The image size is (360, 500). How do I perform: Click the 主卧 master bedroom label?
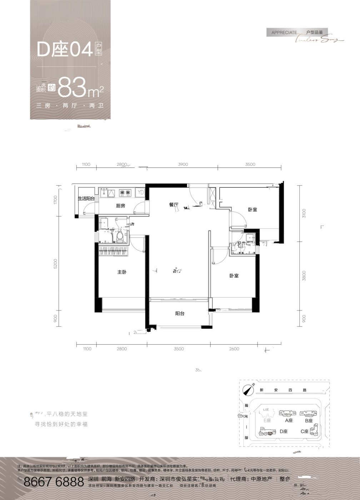tap(122, 272)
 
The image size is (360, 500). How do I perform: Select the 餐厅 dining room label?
tap(174, 205)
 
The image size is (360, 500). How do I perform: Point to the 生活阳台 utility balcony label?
tap(86, 199)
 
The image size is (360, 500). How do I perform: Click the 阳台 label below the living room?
tap(180, 314)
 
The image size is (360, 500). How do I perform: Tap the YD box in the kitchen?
tap(140, 192)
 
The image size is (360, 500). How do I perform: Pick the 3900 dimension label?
tap(183, 164)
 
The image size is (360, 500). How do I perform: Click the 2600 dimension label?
tap(234, 349)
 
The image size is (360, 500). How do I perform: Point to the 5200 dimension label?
tap(55, 264)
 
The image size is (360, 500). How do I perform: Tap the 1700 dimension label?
tap(55, 200)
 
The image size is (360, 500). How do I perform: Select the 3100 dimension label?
tap(304, 214)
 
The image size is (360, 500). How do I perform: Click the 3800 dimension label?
tap(304, 275)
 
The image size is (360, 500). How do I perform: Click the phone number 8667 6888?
tap(54, 482)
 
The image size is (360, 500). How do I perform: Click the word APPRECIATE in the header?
tap(284, 32)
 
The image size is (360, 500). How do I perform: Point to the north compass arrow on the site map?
tap(246, 390)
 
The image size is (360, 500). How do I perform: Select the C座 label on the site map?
tap(304, 431)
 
